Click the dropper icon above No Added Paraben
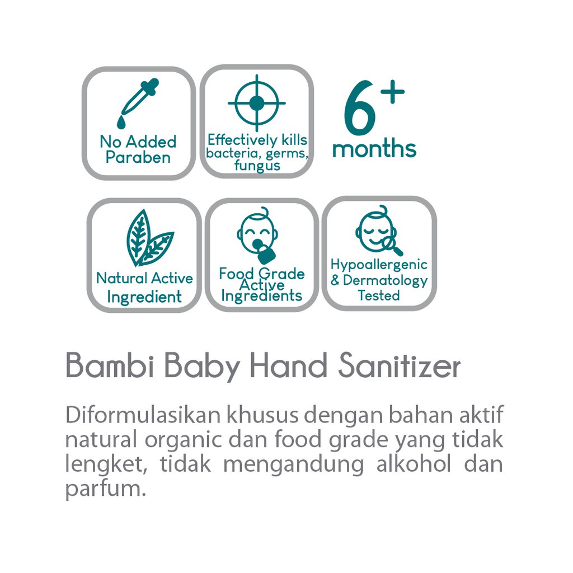(x=138, y=104)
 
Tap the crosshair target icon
(x=256, y=103)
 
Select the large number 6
(x=360, y=107)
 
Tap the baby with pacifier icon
(x=257, y=236)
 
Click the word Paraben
(x=138, y=157)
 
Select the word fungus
(x=257, y=166)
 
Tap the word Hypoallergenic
(x=379, y=265)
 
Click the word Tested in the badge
(x=379, y=295)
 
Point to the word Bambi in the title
(x=110, y=365)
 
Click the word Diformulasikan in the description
(x=143, y=415)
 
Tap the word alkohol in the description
(x=414, y=463)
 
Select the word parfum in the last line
(x=106, y=489)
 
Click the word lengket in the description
(x=106, y=464)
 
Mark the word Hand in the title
(x=289, y=365)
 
